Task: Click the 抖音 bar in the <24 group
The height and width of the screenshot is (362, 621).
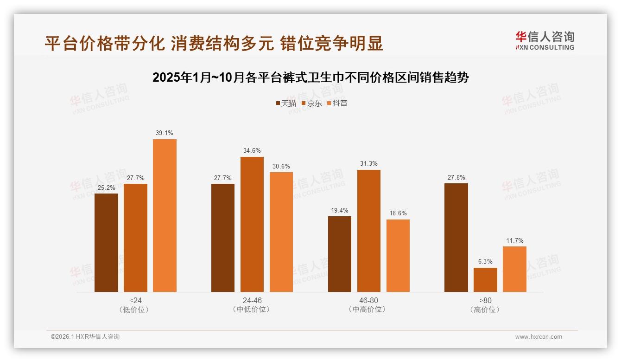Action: (165, 215)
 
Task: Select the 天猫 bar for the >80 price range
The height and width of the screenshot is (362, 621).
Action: (456, 238)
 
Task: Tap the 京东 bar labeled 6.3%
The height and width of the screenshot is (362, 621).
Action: (485, 280)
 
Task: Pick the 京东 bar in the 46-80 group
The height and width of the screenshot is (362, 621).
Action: (368, 231)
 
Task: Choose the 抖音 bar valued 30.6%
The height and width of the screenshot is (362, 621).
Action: (281, 232)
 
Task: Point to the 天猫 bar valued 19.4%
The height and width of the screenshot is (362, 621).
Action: (339, 254)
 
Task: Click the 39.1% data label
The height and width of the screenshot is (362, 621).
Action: (165, 133)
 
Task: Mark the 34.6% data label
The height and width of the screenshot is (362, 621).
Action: (252, 150)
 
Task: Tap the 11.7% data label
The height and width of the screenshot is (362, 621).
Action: (514, 240)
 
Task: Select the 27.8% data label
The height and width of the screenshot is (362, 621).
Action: (456, 177)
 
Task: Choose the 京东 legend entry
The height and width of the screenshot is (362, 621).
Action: (311, 103)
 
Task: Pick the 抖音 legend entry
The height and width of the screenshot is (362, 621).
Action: (337, 103)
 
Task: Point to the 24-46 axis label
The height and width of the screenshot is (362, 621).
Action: (251, 300)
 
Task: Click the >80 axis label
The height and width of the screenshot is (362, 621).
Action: (485, 300)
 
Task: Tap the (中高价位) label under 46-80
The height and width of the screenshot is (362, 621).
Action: (368, 309)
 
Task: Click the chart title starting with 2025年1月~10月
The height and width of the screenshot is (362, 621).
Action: (310, 78)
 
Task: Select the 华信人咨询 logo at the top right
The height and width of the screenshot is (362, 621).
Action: (545, 40)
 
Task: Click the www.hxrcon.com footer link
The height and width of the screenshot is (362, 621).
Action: (539, 337)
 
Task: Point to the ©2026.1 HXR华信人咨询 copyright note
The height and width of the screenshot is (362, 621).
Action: (85, 337)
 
